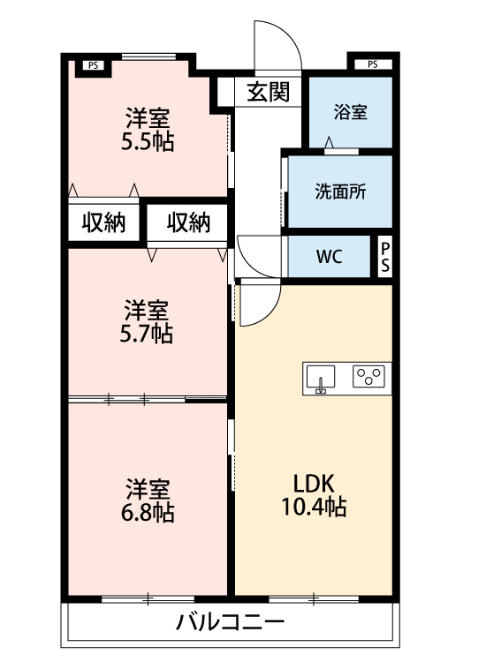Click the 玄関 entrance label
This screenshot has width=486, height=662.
pos(268,92)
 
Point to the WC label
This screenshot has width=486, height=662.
pos(329,258)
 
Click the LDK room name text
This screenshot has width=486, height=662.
pos(313,485)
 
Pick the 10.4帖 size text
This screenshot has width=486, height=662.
pos(313,508)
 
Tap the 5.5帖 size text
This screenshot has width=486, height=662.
pos(148,141)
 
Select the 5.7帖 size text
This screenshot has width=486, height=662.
pos(148,334)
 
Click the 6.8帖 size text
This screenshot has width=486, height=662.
pos(148,512)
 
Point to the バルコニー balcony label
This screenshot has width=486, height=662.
pos(230,621)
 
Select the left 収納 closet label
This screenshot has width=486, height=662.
pos(104,222)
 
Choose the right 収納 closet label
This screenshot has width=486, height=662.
pos(188,222)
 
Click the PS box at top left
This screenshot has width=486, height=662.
pos(93,64)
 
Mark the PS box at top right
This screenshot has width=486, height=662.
pos(372,64)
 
